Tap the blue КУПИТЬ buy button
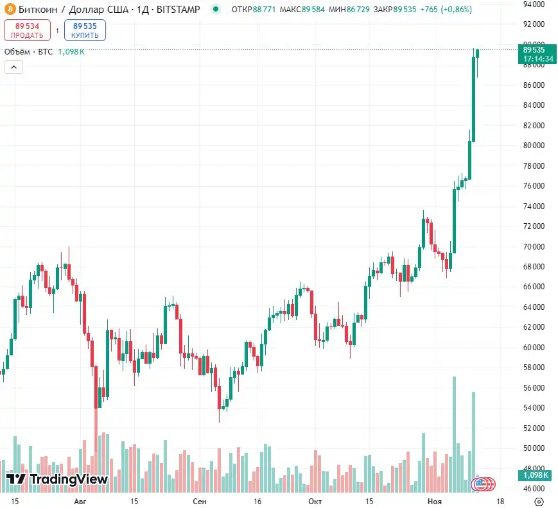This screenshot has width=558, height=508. click(85, 30)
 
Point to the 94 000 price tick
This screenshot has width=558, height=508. click(534, 4)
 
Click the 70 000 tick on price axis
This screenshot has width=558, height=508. click(534, 247)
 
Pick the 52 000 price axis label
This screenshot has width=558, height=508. click(534, 428)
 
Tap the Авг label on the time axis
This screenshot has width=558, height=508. click(80, 500)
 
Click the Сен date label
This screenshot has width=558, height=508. click(200, 500)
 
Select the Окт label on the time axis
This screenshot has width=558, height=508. click(315, 500)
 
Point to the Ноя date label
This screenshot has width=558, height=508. click(435, 500)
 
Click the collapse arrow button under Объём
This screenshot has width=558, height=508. click(13, 67)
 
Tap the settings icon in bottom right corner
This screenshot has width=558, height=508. click(539, 500)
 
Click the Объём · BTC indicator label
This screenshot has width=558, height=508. click(28, 52)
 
